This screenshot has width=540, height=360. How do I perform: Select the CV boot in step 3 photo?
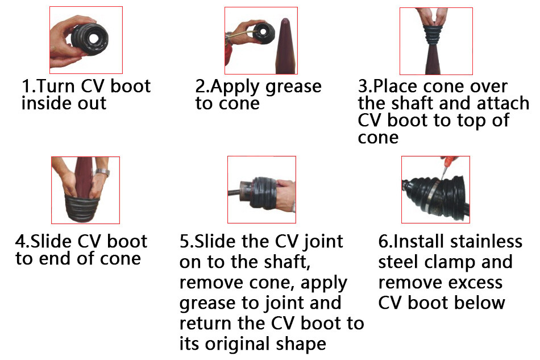[x=435, y=40]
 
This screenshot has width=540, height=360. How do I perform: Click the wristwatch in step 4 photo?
[x=102, y=172]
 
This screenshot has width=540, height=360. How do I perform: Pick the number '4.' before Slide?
[x=22, y=241]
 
